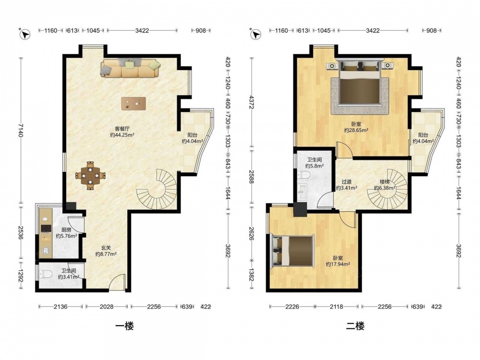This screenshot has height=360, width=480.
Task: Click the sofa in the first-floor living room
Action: tap(131, 68)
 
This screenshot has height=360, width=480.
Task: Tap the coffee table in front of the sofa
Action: tap(133, 104)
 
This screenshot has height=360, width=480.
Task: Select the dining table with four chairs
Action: tap(90, 176)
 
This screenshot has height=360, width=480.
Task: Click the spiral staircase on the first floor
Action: tap(157, 190)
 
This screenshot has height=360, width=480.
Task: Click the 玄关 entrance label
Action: tap(106, 248)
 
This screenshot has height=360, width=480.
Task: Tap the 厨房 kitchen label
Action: tap(66, 229)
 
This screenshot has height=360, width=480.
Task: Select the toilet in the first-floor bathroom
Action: tap(45, 274)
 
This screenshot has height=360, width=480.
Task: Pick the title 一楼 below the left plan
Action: tap(124, 326)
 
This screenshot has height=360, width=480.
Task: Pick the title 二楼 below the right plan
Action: tap(355, 326)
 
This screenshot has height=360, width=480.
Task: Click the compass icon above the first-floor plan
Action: tap(25, 34)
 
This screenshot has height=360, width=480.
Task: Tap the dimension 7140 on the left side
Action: tap(20, 131)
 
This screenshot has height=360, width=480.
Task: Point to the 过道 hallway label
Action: tap(346, 182)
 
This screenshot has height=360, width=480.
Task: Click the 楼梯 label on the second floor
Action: tap(384, 182)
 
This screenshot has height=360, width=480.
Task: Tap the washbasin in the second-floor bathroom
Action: tap(302, 192)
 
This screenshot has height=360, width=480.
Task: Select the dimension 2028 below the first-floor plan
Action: tap(107, 306)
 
